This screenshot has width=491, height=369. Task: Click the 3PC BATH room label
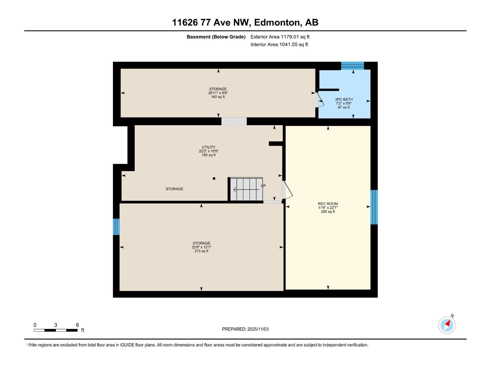point(344,99)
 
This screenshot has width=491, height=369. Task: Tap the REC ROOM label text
point(328,204)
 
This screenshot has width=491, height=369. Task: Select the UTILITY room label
point(208,147)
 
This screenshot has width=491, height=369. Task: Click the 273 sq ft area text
point(201,251)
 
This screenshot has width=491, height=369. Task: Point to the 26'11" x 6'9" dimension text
point(218,93)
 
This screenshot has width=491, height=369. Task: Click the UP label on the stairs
point(263,186)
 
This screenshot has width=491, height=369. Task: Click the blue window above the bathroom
point(352,65)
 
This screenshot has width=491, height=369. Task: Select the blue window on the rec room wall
point(374,207)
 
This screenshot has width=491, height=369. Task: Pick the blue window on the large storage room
point(116,227)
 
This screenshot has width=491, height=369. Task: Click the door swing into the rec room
point(288,190)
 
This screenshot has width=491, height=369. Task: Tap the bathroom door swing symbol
point(320,101)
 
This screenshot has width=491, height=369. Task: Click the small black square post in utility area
point(214,178)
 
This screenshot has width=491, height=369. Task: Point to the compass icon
point(447,325)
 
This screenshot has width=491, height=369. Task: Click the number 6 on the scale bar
point(77,325)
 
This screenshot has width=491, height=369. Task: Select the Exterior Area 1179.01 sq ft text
point(280,37)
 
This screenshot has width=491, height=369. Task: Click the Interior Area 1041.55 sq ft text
point(279,45)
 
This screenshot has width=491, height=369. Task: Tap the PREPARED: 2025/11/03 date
point(245,329)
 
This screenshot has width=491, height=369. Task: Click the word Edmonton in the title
point(277,22)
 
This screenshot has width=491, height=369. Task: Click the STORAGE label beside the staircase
point(174,189)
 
